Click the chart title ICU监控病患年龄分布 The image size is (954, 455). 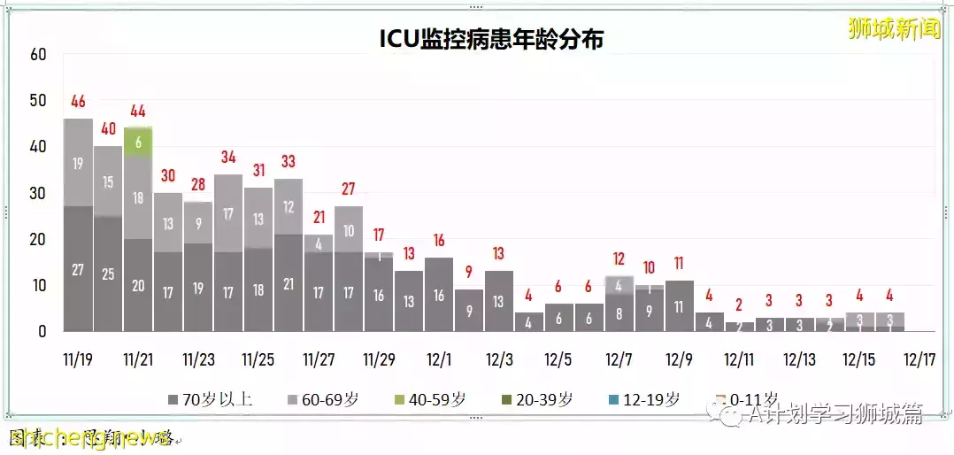[491, 39]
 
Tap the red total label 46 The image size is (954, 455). [78, 101]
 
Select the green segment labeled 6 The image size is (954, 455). [137, 142]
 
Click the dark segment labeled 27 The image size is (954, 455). [78, 269]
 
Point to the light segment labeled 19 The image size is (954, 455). [78, 163]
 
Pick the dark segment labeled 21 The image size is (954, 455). [289, 283]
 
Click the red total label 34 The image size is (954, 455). [228, 158]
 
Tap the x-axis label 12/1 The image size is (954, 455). [439, 360]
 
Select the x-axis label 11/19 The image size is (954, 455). [78, 360]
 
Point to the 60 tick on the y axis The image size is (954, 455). [37, 54]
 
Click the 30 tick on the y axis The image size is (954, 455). [37, 193]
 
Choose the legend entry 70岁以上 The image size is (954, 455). [210, 399]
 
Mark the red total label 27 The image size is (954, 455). [348, 189]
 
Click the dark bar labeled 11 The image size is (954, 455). [679, 306]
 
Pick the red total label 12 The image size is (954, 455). [619, 259]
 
